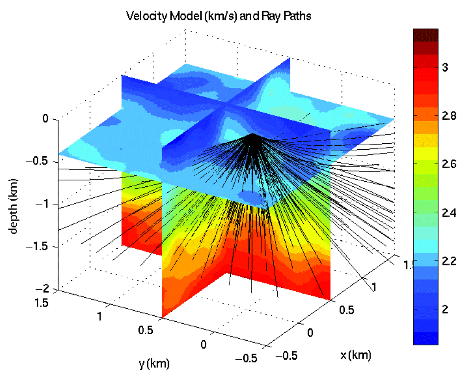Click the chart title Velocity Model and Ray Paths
pyautogui.click(x=219, y=17)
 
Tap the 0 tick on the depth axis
pyautogui.click(x=45, y=119)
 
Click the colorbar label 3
pyautogui.click(x=445, y=68)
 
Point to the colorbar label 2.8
pyautogui.click(x=448, y=116)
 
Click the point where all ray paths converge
pyautogui.click(x=254, y=135)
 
